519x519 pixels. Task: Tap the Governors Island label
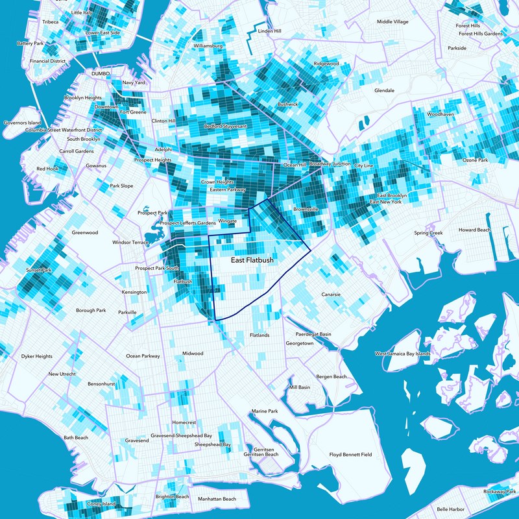(22, 122)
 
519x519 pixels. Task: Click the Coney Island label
(101, 503)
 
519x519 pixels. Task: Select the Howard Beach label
(475, 230)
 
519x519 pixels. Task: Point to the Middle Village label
(392, 22)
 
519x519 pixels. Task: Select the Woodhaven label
(440, 114)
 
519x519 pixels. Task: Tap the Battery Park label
(29, 43)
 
